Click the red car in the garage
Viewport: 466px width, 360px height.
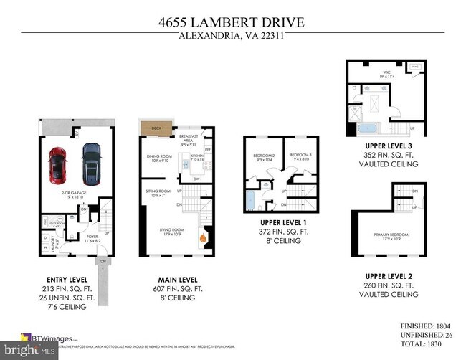click(57, 166)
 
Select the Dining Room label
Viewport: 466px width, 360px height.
click(157, 158)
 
